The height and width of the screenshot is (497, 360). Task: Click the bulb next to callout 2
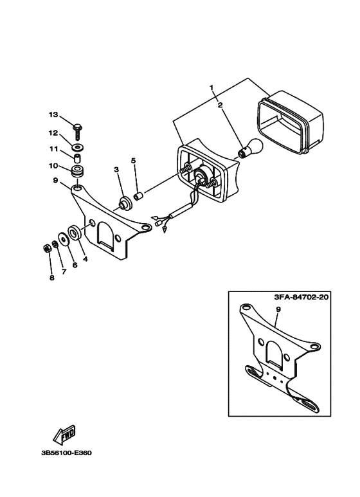coord(250,148)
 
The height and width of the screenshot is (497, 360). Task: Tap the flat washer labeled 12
coord(77,147)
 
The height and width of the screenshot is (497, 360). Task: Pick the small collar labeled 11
coord(77,158)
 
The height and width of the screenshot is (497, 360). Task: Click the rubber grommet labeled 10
coord(77,170)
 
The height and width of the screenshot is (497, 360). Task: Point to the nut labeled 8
coord(46,248)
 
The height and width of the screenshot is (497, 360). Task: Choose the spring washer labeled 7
coord(55,245)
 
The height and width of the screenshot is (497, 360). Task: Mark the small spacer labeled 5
coord(138,196)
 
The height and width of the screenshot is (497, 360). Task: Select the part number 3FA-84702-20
coord(300,297)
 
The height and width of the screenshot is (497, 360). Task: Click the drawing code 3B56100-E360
coord(66,453)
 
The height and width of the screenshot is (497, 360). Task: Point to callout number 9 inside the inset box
coord(278,309)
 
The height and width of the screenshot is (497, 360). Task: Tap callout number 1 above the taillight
coord(212,87)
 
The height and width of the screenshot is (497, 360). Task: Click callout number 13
coord(53,114)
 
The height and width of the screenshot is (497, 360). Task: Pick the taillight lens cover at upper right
coord(290,122)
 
